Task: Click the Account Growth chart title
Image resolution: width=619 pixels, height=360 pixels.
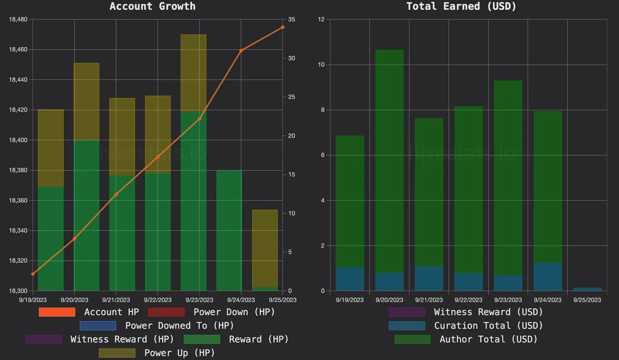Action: click(x=152, y=6)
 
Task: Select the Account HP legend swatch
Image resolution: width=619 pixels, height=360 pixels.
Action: click(x=57, y=312)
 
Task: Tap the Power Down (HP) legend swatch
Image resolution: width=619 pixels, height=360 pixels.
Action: click(x=166, y=312)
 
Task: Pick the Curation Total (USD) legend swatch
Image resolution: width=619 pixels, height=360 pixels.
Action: click(x=407, y=326)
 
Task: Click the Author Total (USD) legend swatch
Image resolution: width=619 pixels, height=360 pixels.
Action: click(x=412, y=339)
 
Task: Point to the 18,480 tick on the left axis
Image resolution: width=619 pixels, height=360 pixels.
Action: click(x=18, y=19)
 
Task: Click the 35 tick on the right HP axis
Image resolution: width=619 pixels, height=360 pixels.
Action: click(x=291, y=19)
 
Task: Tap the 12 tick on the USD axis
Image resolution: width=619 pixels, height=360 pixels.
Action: click(x=321, y=19)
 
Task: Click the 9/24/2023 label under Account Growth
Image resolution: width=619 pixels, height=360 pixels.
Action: click(x=241, y=300)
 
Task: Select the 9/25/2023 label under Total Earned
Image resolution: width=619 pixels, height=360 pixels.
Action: click(x=587, y=300)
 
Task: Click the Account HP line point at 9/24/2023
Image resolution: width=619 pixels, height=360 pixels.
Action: click(x=241, y=50)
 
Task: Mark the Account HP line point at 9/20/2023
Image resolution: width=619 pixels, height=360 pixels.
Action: click(x=74, y=239)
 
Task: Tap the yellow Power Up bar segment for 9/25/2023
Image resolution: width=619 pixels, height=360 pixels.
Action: click(x=265, y=248)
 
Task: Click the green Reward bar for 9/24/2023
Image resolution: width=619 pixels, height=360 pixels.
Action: click(x=229, y=230)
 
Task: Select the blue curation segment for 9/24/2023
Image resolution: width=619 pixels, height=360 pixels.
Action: click(x=547, y=277)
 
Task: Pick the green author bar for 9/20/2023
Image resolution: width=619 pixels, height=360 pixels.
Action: click(x=389, y=160)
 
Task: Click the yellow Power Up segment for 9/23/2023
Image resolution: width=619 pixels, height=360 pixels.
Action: click(x=193, y=73)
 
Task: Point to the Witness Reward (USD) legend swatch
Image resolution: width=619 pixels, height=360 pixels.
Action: click(x=407, y=312)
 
